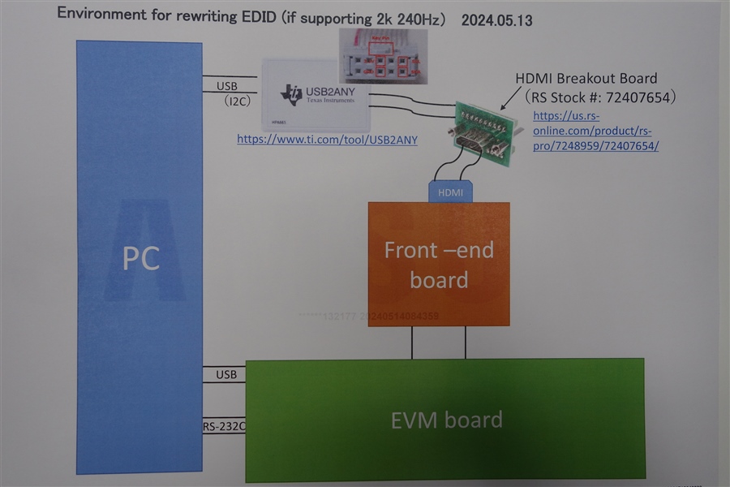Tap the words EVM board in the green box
point(446,420)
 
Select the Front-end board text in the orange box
point(439,265)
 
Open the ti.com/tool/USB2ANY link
point(327,140)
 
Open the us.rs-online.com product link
point(595,131)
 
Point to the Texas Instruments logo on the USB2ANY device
point(291,94)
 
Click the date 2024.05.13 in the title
point(496,20)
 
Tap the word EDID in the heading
point(248,16)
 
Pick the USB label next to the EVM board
point(226,374)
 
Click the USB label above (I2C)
point(228,86)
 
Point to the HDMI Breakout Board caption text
point(586,79)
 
